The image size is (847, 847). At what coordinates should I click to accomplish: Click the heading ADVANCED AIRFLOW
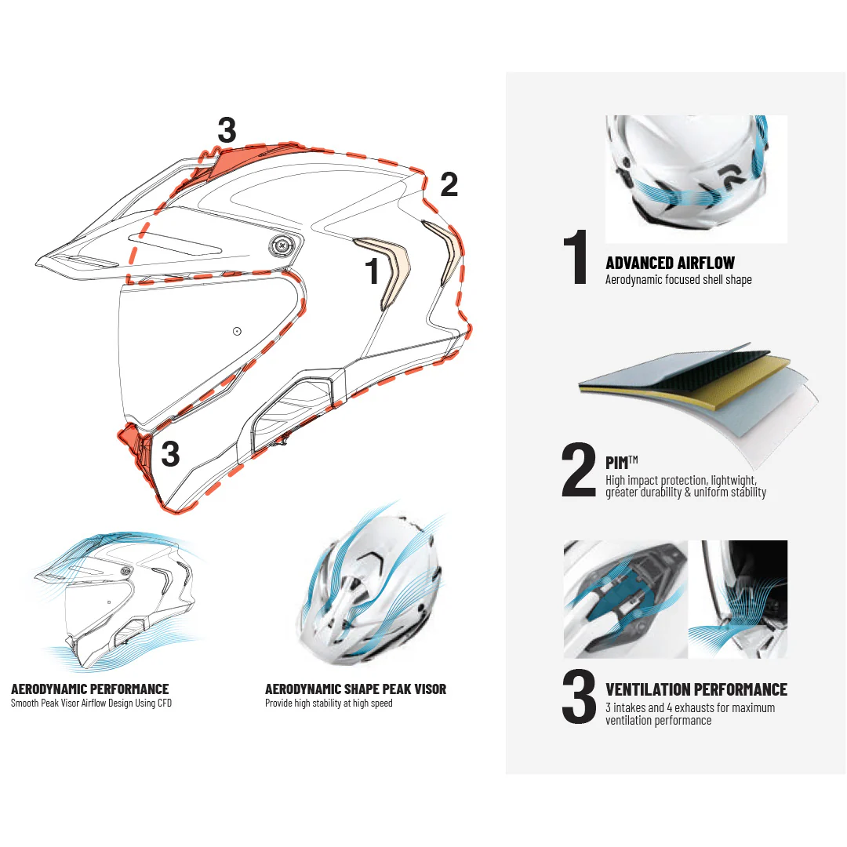670,263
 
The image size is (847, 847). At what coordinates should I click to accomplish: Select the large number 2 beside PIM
579,470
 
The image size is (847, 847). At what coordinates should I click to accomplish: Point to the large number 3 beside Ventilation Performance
579,696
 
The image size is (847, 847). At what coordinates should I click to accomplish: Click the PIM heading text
621,463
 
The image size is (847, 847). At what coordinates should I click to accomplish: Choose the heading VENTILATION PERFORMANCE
696,690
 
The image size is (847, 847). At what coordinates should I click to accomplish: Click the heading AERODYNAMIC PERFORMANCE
89,689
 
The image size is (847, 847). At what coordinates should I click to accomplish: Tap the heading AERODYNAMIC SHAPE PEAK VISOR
355,689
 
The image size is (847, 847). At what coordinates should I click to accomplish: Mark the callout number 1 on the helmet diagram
373,270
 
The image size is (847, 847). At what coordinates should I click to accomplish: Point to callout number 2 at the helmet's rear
449,185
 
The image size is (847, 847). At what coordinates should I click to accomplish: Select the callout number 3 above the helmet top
227,130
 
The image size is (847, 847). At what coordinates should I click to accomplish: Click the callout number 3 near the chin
170,454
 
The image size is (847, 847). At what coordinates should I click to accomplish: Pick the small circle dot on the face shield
237,331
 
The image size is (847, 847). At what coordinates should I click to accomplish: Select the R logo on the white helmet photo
732,177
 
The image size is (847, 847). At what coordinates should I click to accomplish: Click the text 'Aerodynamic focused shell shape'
678,279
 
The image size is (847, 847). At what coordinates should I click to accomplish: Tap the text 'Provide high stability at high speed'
329,703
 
